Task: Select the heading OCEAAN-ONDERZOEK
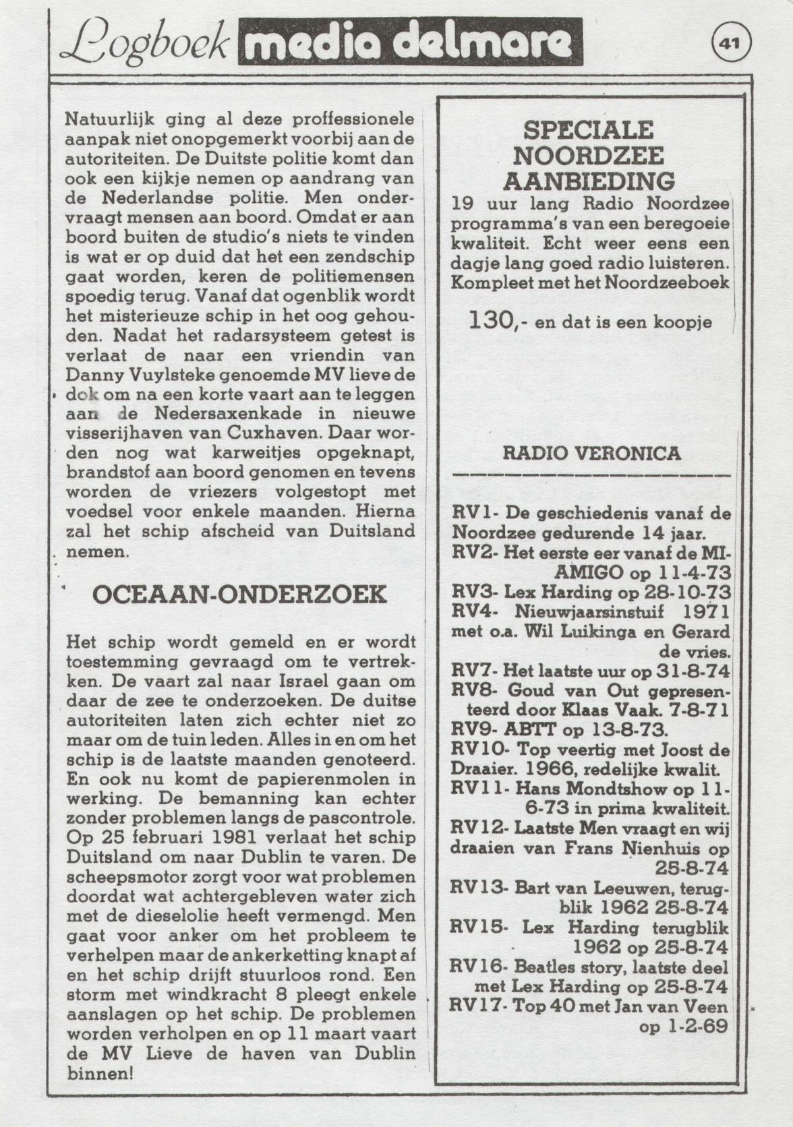click(239, 595)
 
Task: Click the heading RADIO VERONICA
click(591, 453)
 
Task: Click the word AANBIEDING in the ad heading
click(589, 181)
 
